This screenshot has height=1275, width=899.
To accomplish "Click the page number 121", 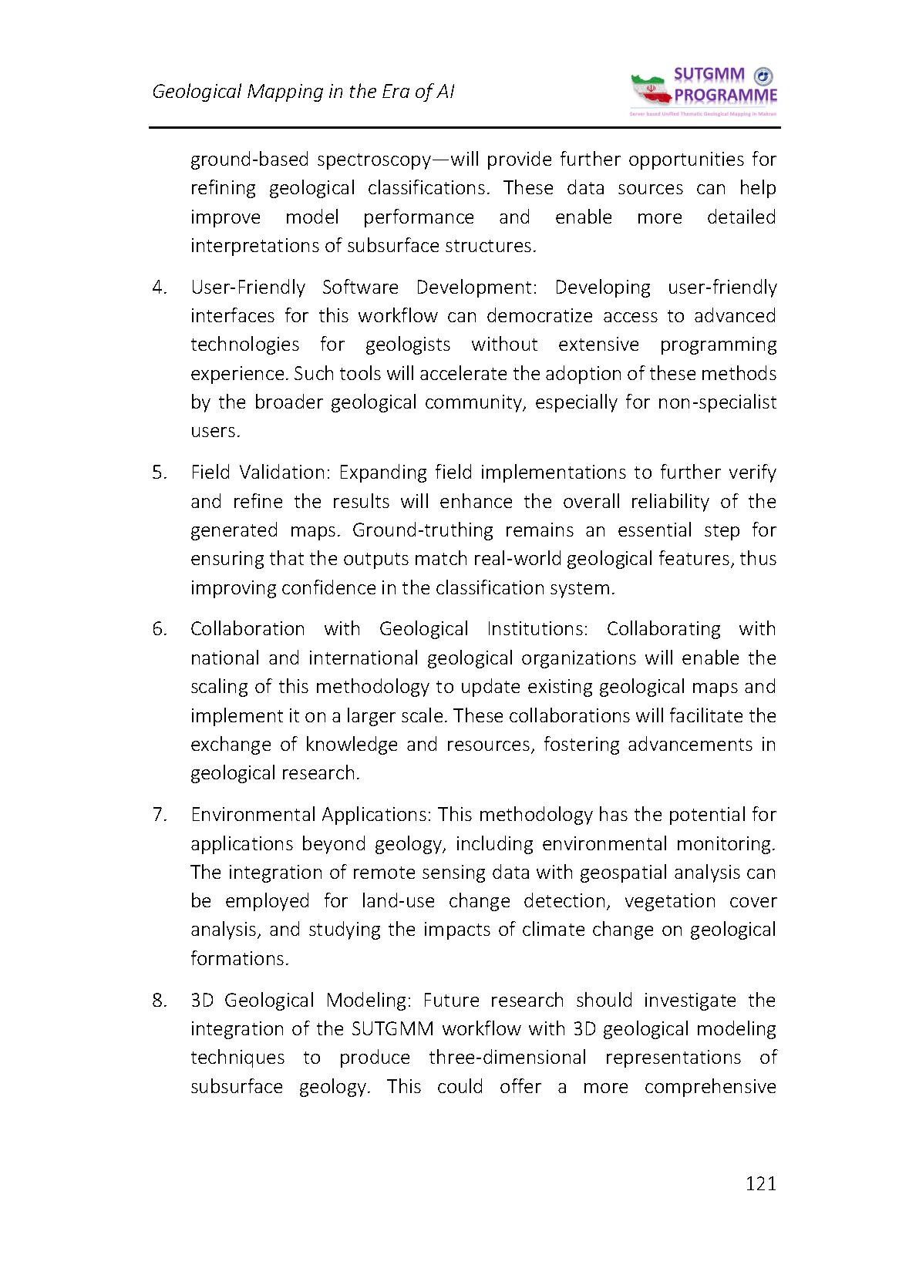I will pos(760,1183).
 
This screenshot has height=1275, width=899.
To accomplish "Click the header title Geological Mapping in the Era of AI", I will pos(303,92).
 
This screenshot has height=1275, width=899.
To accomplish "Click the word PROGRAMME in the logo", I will pos(726,96).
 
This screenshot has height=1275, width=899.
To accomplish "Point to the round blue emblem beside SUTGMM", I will pos(763,76).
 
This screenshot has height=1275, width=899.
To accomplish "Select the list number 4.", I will pos(160,288).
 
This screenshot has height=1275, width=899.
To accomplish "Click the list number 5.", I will pos(160,473).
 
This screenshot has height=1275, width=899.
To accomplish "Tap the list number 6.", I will pos(160,629).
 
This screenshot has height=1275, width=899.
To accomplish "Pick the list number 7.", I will pos(160,815).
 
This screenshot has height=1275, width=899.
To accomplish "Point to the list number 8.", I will pos(160,1001).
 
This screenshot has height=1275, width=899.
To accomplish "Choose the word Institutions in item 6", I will pos(537,629).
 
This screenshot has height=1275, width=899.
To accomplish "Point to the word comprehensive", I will pos(709,1087).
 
